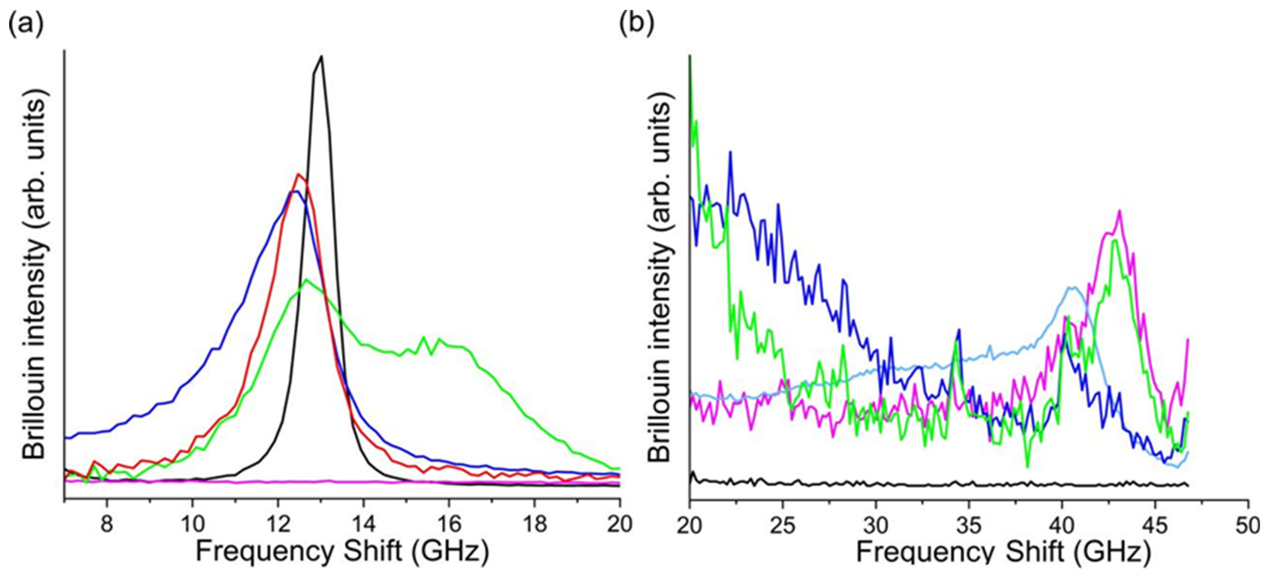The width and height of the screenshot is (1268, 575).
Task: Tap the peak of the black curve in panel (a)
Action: (x=321, y=57)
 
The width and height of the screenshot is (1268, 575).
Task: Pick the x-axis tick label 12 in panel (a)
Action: (x=278, y=524)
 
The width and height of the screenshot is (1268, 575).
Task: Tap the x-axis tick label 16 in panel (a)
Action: (x=449, y=524)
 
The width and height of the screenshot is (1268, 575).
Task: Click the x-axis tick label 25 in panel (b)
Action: (x=783, y=526)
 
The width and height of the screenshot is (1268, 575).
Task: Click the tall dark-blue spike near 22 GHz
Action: (x=731, y=152)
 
